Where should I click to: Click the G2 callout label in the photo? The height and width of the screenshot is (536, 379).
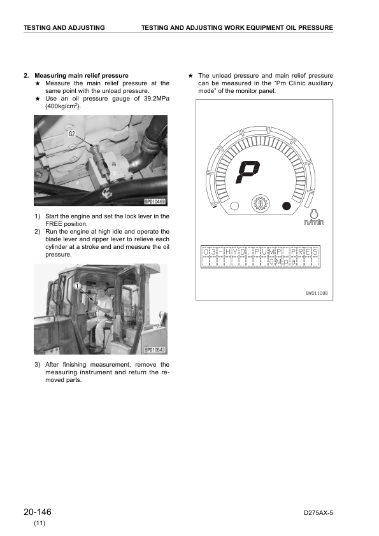click(72, 134)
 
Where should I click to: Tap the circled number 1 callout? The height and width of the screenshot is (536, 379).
click(78, 286)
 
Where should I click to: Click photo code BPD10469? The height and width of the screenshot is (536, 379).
click(155, 202)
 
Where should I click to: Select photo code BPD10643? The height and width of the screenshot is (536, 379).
click(155, 349)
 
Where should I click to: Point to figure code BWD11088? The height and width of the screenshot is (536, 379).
click(317, 293)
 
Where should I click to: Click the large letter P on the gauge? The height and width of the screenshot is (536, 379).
click(248, 172)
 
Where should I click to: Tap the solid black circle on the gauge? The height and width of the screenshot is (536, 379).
click(286, 206)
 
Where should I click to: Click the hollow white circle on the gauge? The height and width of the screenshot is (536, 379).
click(234, 206)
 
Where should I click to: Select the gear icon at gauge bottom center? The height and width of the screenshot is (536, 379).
click(261, 204)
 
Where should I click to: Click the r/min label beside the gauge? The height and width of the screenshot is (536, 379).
click(313, 222)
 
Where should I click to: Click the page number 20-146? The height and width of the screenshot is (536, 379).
click(38, 512)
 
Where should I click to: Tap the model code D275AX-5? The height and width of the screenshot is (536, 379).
click(318, 512)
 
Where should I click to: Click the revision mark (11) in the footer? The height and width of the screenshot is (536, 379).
click(39, 523)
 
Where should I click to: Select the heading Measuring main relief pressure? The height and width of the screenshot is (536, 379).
click(82, 76)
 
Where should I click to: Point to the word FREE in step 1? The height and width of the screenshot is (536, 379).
click(54, 224)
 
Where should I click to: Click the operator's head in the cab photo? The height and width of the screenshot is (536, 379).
click(101, 292)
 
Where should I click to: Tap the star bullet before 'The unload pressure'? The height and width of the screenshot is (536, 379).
click(190, 76)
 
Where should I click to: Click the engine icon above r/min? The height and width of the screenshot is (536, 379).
click(313, 213)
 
